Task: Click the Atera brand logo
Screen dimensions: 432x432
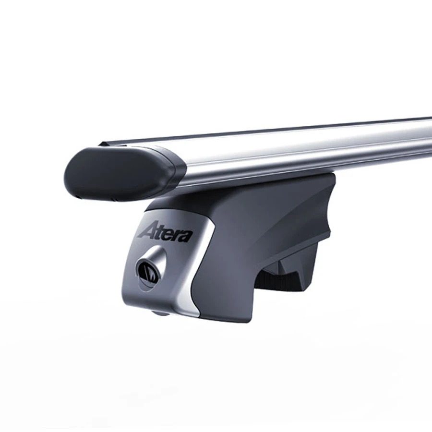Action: tap(165, 233)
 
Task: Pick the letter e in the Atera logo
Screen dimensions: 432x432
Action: tap(168, 235)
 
